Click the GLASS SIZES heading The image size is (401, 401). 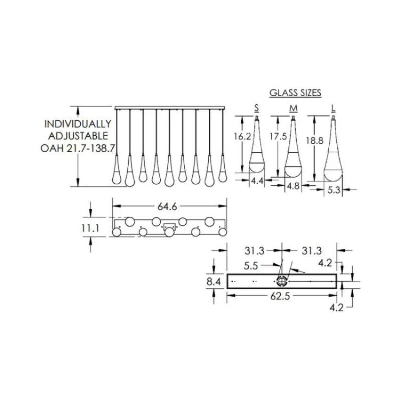[x=295, y=93]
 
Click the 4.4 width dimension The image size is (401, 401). [x=257, y=181]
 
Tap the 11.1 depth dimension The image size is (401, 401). [x=90, y=229]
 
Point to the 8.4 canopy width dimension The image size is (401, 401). [x=214, y=282]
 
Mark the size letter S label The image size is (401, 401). [x=257, y=108]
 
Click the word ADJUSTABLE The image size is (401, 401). [x=78, y=136]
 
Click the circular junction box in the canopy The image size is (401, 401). [x=282, y=281]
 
